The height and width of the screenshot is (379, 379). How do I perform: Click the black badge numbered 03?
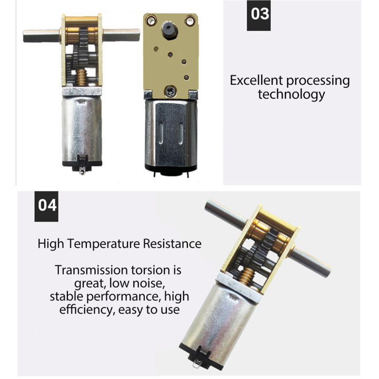(260, 14)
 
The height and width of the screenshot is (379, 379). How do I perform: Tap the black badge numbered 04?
(47, 204)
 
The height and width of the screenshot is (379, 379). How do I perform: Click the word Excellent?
(255, 81)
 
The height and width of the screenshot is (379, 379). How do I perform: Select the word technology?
(291, 95)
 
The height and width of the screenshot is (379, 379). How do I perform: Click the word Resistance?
(172, 244)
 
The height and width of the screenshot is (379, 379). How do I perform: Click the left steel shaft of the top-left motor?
(43, 36)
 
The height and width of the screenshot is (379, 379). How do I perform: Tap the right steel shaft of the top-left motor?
(122, 36)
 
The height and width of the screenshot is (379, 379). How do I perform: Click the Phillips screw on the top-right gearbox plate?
(171, 91)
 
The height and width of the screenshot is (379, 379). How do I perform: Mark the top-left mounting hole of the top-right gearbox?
(152, 21)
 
